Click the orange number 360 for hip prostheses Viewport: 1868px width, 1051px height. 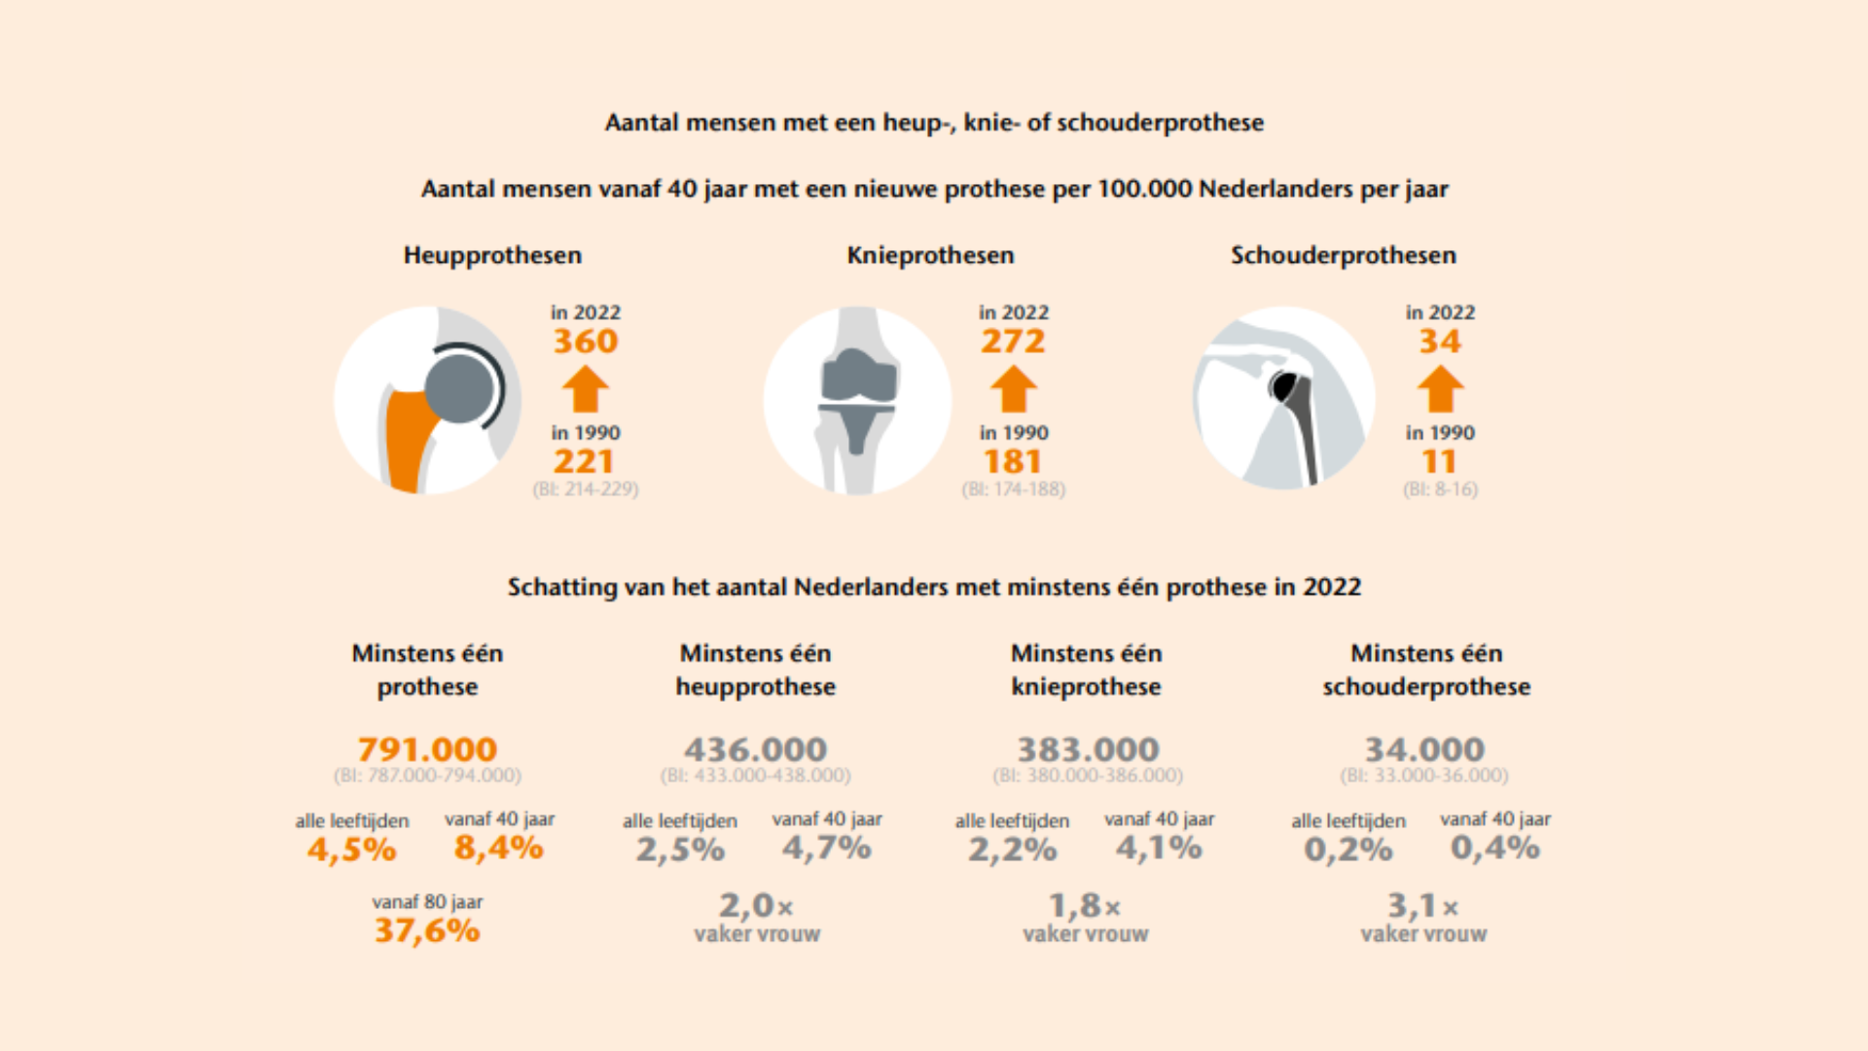(586, 342)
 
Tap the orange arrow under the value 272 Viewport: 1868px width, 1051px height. (1013, 389)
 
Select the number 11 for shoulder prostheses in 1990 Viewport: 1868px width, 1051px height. (1440, 461)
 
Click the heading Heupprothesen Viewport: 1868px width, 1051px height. (492, 255)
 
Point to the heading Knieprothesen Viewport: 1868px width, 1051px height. (930, 255)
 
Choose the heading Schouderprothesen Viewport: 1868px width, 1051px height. (1343, 255)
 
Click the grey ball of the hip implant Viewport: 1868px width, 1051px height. (458, 387)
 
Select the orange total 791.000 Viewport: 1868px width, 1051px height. (427, 749)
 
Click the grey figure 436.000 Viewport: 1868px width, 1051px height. (755, 749)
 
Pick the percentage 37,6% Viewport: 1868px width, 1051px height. (427, 930)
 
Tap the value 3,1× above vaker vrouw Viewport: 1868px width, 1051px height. (1422, 906)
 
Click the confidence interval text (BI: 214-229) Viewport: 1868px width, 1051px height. (586, 489)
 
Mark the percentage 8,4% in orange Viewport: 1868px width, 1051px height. (498, 848)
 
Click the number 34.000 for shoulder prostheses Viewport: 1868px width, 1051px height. (1424, 749)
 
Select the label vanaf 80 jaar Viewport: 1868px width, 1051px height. (427, 902)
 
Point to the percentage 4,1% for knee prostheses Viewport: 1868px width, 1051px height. (1159, 848)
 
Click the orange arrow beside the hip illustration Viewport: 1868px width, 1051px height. (586, 389)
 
